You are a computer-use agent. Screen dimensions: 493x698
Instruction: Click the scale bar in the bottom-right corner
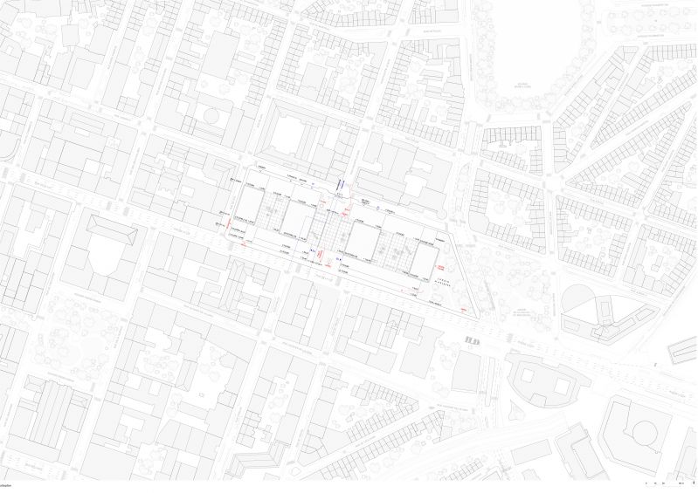(x=664, y=482)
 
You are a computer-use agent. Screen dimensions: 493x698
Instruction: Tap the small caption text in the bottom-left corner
(x=8, y=483)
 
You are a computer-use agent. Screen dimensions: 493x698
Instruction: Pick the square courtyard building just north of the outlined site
(x=290, y=135)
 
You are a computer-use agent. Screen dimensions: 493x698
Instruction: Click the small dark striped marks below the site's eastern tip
(x=473, y=339)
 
